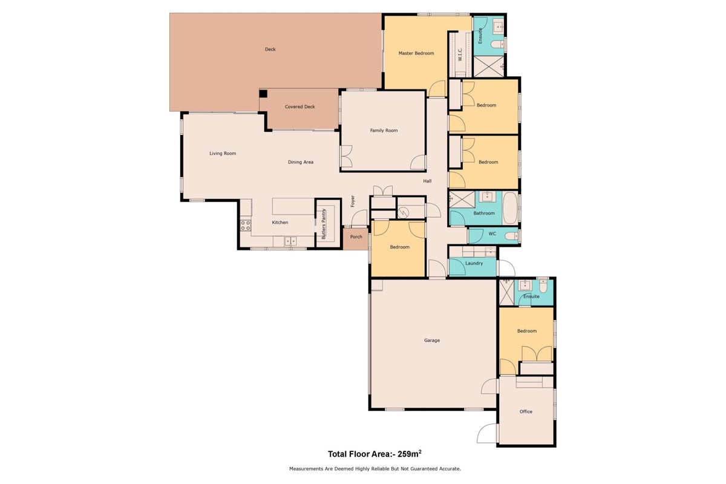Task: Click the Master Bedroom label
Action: pyautogui.click(x=416, y=53)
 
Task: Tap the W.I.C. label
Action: pyautogui.click(x=460, y=54)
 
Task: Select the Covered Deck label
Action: pyautogui.click(x=300, y=106)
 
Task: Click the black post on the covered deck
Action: pyautogui.click(x=263, y=94)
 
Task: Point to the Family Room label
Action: pyautogui.click(x=384, y=130)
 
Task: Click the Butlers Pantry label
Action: pyautogui.click(x=324, y=224)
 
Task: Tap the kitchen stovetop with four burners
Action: pyautogui.click(x=246, y=225)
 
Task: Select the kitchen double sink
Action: pyautogui.click(x=290, y=241)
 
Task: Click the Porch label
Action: pyautogui.click(x=356, y=237)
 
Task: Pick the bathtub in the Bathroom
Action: pyautogui.click(x=510, y=209)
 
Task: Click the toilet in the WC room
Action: pyautogui.click(x=512, y=237)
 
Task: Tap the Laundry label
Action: pyautogui.click(x=474, y=263)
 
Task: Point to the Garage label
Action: pyautogui.click(x=432, y=341)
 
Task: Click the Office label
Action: pyautogui.click(x=526, y=411)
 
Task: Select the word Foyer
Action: pyautogui.click(x=353, y=201)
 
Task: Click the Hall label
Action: pyautogui.click(x=427, y=181)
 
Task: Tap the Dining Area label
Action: pyautogui.click(x=301, y=162)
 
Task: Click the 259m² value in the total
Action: pyautogui.click(x=410, y=454)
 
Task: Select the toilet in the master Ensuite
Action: pyautogui.click(x=497, y=44)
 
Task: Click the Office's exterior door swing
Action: pyautogui.click(x=487, y=433)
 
